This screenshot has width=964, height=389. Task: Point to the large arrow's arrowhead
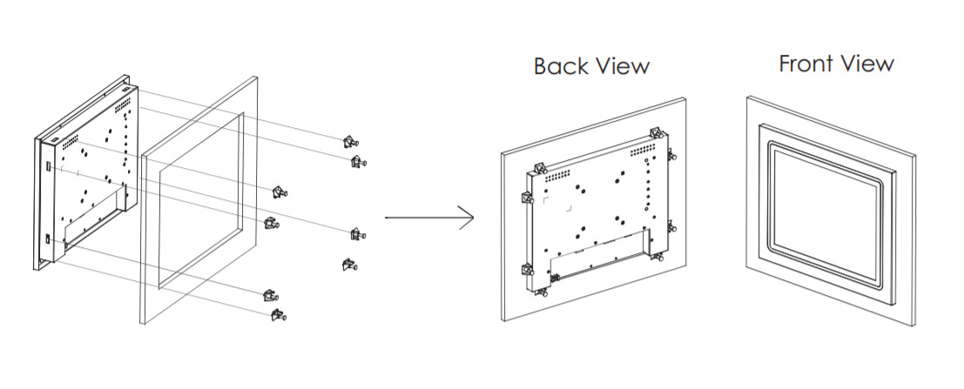pyautogui.click(x=468, y=218)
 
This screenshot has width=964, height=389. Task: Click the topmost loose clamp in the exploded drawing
pyautogui.click(x=349, y=142)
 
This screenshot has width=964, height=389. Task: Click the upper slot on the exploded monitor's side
pyautogui.click(x=49, y=165)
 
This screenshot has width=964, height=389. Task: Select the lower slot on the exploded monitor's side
pyautogui.click(x=49, y=238)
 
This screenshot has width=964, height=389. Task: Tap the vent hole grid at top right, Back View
pyautogui.click(x=644, y=151)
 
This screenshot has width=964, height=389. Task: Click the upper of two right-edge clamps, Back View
pyautogui.click(x=671, y=156)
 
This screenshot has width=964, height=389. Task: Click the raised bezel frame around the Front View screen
pyautogui.click(x=762, y=209)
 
